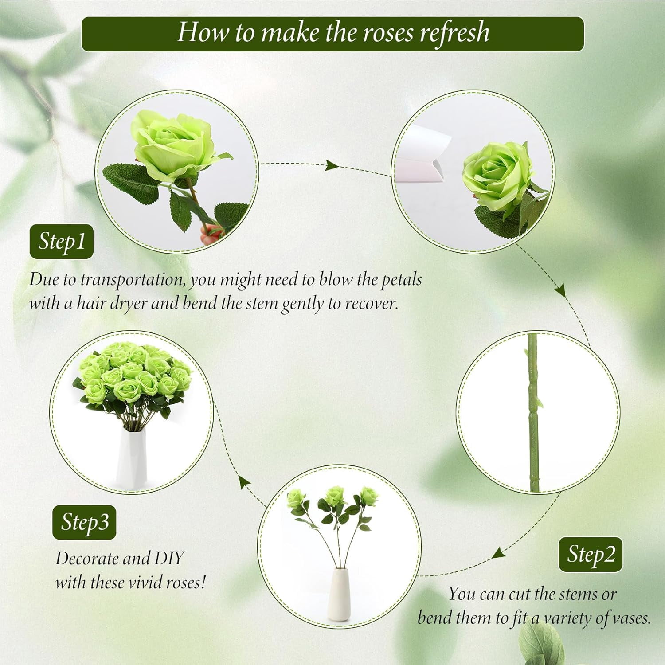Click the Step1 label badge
click(x=61, y=242)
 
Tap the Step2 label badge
click(x=590, y=555)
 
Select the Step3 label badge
click(x=84, y=522)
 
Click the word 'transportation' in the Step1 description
click(x=132, y=280)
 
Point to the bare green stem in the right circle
click(x=533, y=412)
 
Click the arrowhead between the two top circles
click(x=331, y=166)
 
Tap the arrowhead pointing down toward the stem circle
click(x=561, y=291)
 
